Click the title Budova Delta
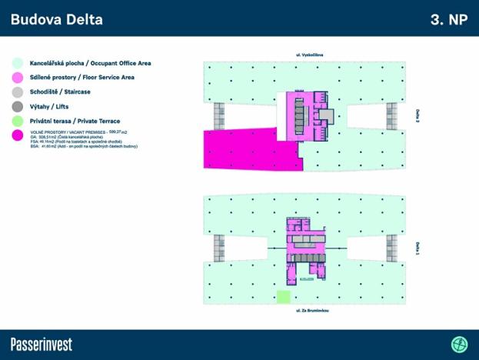click(56, 19)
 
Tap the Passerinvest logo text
click(42, 344)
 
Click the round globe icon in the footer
click(459, 344)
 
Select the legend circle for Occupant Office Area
click(18, 62)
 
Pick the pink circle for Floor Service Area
click(18, 77)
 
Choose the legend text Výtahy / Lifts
click(49, 106)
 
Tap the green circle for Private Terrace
click(18, 121)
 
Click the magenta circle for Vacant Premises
click(18, 135)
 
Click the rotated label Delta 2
click(417, 116)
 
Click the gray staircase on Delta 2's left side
click(218, 116)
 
